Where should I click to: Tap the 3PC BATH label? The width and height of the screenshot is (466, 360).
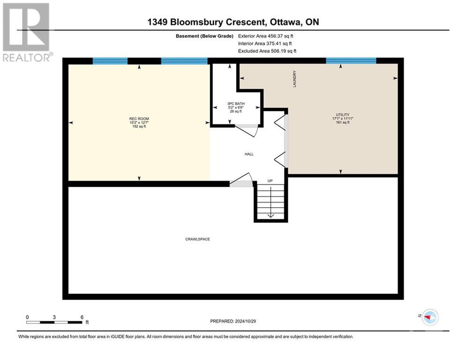236,104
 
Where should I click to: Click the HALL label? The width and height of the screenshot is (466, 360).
249,154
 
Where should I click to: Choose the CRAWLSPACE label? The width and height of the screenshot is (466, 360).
197,239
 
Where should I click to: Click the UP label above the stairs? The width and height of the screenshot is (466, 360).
270,180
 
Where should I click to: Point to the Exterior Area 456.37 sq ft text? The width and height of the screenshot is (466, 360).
266,36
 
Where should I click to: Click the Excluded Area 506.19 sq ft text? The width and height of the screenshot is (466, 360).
267,51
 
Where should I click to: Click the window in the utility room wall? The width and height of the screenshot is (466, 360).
351,60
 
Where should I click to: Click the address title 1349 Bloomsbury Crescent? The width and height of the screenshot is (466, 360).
233,22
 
